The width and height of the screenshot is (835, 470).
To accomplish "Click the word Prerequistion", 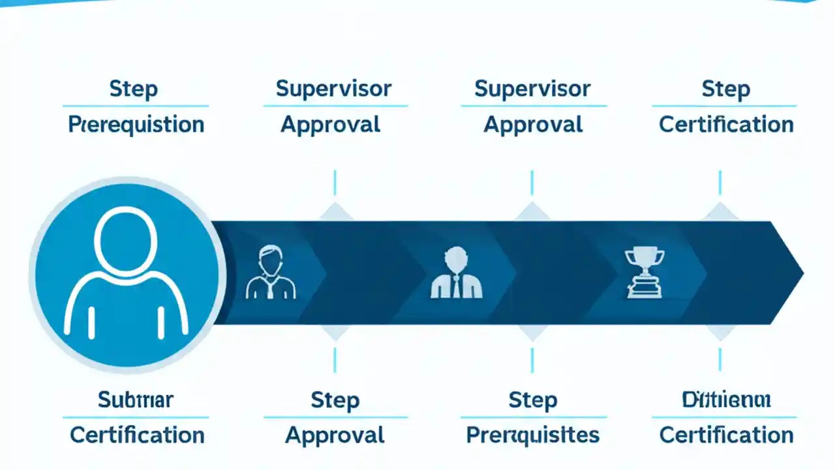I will [136, 125].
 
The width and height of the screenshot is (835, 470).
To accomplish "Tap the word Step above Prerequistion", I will [133, 89].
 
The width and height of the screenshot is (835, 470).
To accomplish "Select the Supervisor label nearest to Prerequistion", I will [333, 89].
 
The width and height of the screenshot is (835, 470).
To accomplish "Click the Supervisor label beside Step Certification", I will [532, 89].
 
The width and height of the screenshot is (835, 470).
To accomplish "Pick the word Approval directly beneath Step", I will [335, 435].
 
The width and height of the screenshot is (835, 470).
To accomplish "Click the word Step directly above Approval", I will [335, 399].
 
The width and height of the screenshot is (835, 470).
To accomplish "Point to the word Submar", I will [136, 399].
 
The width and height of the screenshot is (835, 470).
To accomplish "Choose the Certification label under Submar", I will [138, 435].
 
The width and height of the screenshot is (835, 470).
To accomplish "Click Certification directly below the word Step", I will [726, 125].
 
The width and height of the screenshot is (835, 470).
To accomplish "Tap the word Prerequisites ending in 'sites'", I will [532, 435].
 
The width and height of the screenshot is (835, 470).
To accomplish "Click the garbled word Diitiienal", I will [726, 399].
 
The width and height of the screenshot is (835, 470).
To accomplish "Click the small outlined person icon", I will [270, 273].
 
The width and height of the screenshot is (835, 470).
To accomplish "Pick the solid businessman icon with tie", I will [457, 273].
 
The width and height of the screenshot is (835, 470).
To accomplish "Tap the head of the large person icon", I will [126, 239].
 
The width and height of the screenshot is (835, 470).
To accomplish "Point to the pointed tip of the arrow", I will [801, 273].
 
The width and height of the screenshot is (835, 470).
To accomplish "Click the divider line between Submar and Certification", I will [136, 417].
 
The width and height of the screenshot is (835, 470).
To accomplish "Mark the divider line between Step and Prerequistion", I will [136, 106].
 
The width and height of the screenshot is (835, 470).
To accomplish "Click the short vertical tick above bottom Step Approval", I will [335, 360].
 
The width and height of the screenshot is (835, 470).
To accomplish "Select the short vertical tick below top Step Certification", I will [720, 183].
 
